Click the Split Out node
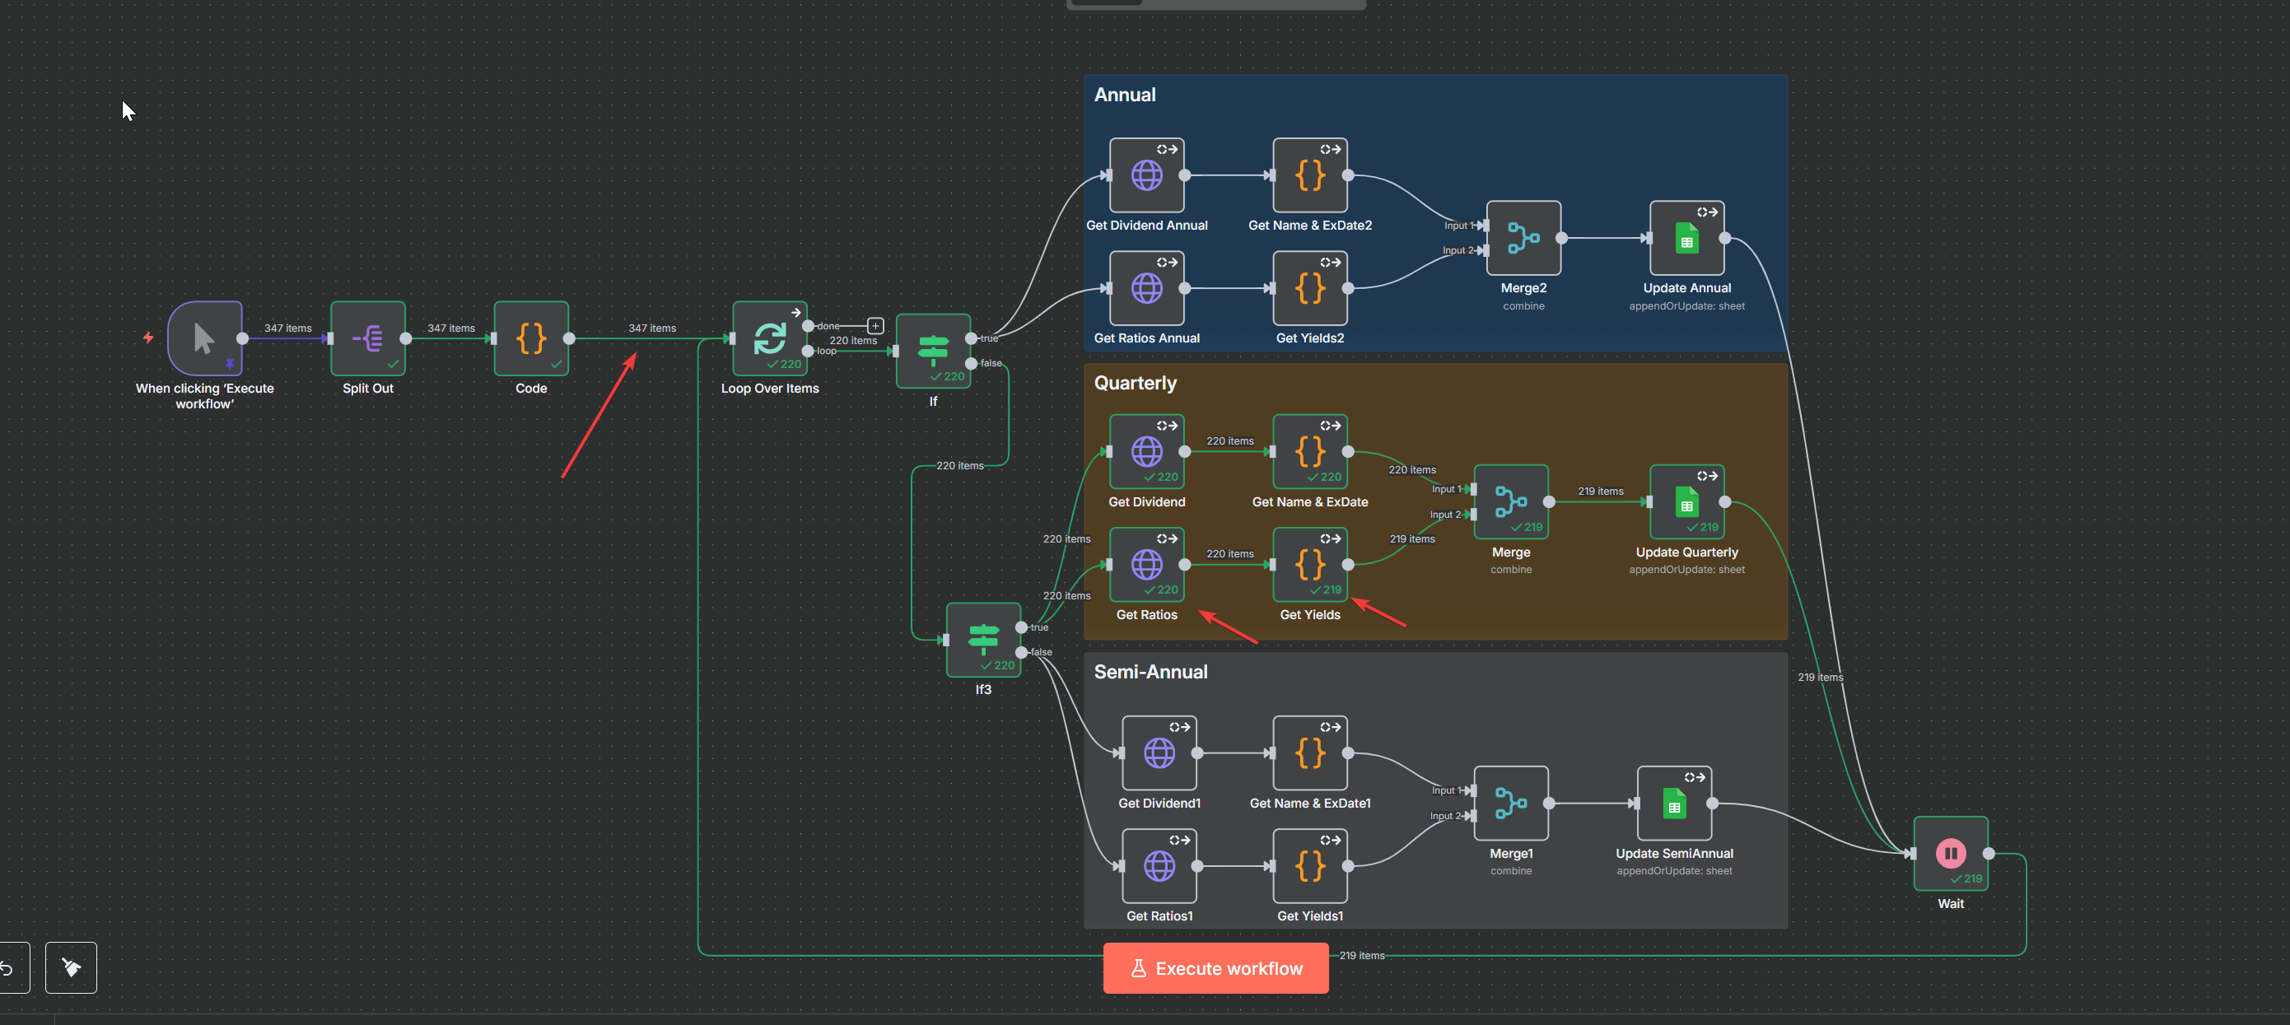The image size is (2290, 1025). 368,338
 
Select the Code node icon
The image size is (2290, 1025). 531,338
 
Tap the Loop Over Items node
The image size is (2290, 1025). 769,338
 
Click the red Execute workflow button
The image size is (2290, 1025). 1215,968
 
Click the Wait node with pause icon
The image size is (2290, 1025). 1951,854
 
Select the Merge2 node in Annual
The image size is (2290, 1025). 1523,238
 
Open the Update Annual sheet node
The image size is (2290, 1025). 1686,238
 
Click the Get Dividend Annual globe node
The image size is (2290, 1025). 1147,175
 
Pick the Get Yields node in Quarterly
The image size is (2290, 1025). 1309,565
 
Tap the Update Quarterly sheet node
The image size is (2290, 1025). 1686,502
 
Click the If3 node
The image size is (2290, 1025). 983,639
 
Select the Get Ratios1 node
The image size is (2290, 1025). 1159,866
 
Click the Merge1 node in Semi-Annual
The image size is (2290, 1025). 1510,803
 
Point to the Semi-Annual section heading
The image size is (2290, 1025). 1150,672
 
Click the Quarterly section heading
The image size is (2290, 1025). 1136,383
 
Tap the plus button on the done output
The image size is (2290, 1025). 875,326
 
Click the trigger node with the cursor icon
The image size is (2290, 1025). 204,338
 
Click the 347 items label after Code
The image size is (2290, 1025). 651,328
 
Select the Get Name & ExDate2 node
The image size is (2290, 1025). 1309,175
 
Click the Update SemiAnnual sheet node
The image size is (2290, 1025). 1674,803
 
